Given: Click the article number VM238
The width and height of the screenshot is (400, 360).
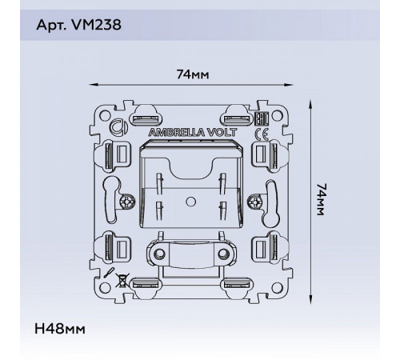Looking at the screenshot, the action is (x=97, y=25).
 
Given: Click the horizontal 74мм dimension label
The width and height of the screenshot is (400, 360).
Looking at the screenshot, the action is (x=193, y=74).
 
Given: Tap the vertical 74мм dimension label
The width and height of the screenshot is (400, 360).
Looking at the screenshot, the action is (x=320, y=199).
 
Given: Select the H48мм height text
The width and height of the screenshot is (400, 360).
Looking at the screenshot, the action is (x=60, y=329).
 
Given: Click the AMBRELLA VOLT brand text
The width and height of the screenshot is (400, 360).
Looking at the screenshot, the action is (x=193, y=133).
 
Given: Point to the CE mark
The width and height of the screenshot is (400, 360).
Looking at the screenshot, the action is (x=262, y=134).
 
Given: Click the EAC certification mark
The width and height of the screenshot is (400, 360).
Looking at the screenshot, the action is (x=262, y=119).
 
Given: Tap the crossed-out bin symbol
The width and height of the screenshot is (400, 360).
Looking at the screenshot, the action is (x=122, y=280).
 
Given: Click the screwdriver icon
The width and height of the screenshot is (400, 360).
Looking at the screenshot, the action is (x=109, y=273).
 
